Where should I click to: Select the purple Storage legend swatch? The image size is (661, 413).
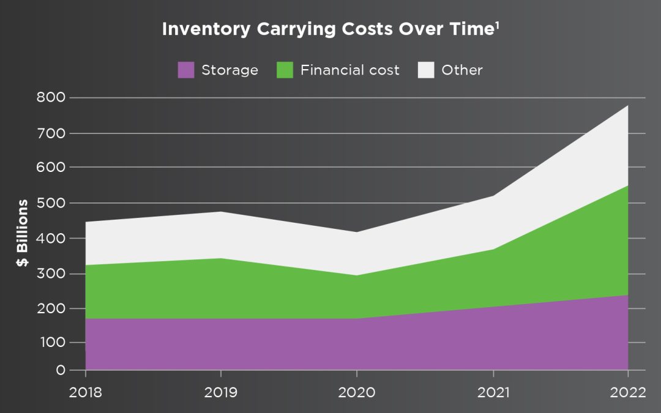pos(186,70)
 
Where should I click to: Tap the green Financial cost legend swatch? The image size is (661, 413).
pos(285,70)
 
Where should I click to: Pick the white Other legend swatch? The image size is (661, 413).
pos(426,70)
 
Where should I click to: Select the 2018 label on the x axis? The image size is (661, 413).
pos(86,392)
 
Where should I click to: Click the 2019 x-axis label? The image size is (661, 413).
pos(221,392)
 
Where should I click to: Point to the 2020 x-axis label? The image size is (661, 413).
pos(357,392)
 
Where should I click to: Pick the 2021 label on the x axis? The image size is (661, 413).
pos(493,392)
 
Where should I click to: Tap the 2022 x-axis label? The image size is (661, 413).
pos(628,392)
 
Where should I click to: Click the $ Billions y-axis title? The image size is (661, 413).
pos(23,233)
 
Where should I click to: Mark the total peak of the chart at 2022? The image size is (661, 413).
pos(627,106)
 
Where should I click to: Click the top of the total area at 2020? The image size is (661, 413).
pos(357,232)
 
